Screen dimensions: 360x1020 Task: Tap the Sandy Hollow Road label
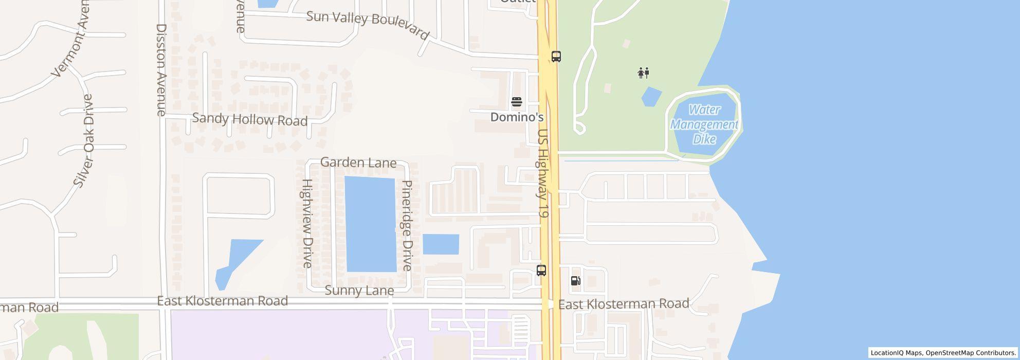coord(249,119)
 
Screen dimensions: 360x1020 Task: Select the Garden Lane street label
coord(358,163)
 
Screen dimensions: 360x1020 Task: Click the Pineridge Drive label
coord(407,225)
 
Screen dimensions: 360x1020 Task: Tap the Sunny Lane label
coord(359,291)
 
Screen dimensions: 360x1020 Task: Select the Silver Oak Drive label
coord(84,140)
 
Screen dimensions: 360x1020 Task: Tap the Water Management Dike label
coord(704,124)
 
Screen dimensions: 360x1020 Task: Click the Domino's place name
coord(517,117)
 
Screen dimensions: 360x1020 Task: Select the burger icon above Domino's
coord(517,102)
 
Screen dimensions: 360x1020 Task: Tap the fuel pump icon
coord(576,281)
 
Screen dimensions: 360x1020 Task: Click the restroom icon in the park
coord(643,73)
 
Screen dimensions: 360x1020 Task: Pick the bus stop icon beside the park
coord(556,57)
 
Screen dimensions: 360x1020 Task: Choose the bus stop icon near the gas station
coord(541,271)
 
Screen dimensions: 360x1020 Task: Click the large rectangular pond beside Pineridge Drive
coord(371,224)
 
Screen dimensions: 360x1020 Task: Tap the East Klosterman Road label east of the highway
coord(624,304)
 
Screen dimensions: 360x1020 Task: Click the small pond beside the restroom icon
coord(651,97)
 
